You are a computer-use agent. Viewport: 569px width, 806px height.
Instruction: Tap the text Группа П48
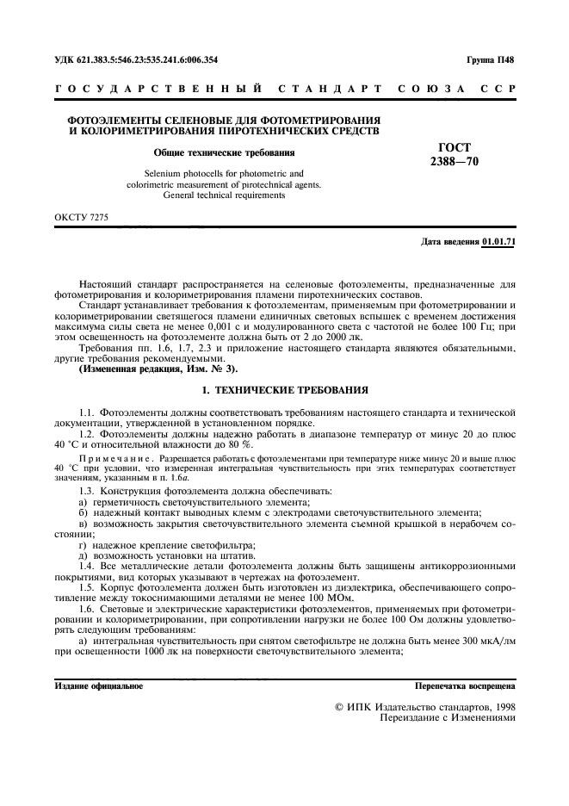point(492,60)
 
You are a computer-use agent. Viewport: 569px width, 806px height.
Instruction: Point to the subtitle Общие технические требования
point(224,152)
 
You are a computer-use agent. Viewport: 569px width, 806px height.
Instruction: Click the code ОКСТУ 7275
point(82,217)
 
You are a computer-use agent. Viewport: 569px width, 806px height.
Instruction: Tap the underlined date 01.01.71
point(499,242)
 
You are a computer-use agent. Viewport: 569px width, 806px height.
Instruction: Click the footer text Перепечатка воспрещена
point(465,686)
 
